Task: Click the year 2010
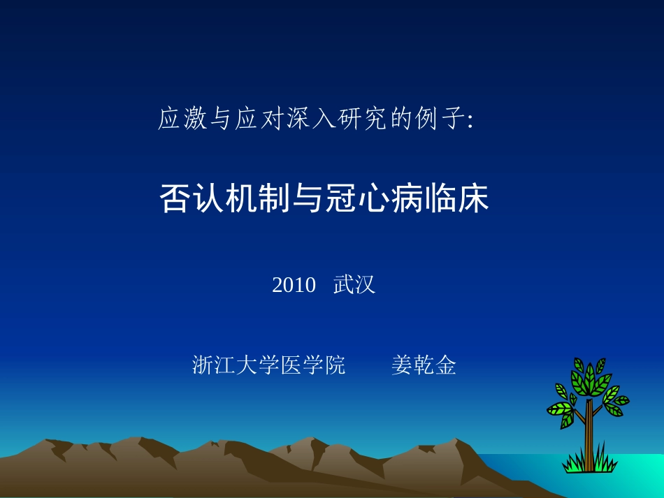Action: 294,285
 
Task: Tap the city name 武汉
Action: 354,285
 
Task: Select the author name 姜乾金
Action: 424,365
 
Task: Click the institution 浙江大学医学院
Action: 268,365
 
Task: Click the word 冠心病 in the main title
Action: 368,198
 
